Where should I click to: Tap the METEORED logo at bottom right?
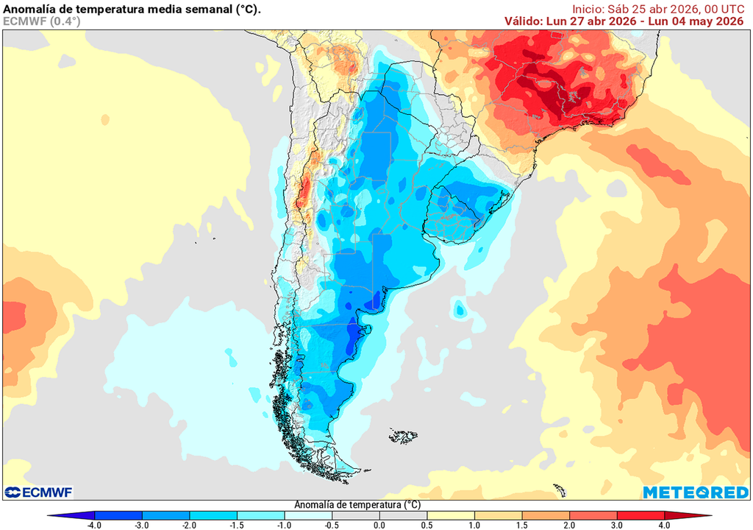coord(695,492)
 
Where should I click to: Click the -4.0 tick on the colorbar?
coord(94,525)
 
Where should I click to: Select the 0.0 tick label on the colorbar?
coord(379,525)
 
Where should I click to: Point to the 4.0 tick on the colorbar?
coord(664,525)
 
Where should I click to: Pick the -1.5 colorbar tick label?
coord(237,525)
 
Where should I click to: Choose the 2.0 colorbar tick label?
coord(569,525)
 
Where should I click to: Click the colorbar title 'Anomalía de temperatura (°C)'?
coord(357,505)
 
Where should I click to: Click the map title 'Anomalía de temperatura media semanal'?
coord(132,8)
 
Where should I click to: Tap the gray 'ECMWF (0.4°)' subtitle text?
coord(42,21)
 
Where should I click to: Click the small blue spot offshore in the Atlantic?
coord(460,310)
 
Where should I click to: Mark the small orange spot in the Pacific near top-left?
coord(105,119)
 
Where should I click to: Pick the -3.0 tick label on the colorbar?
coord(142,525)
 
